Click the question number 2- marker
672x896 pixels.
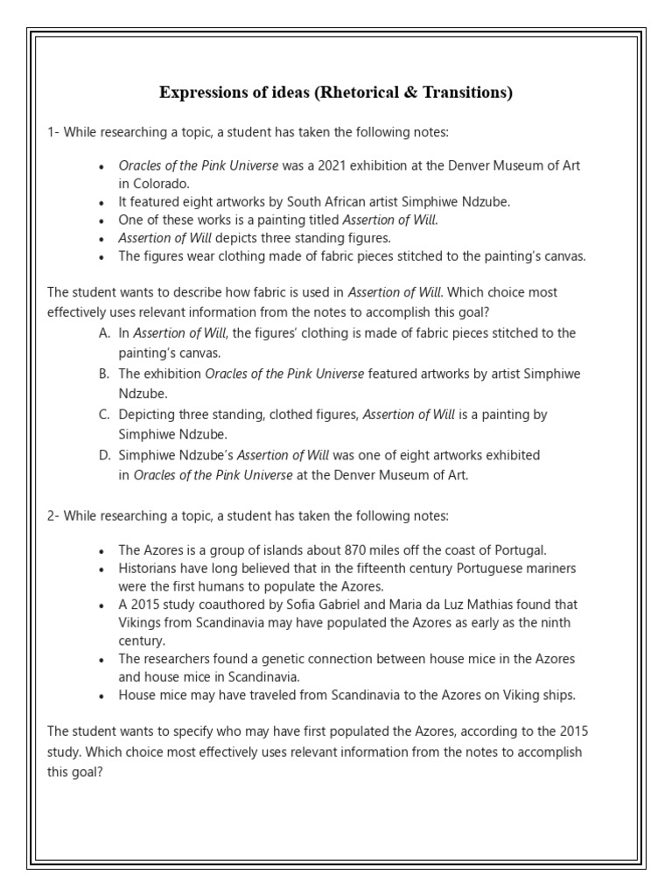pos(53,516)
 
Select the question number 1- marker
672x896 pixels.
pos(53,131)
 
